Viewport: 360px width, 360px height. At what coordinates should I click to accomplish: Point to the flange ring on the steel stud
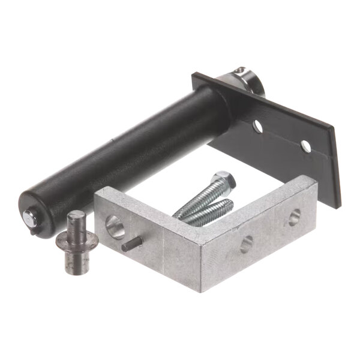tap(77, 241)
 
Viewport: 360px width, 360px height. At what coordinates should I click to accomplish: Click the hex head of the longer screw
tap(224, 178)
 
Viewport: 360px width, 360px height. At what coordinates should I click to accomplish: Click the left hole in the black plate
tap(257, 127)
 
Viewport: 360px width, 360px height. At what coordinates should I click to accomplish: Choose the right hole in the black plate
tap(306, 146)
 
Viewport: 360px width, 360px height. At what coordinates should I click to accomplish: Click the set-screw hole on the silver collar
tap(241, 71)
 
